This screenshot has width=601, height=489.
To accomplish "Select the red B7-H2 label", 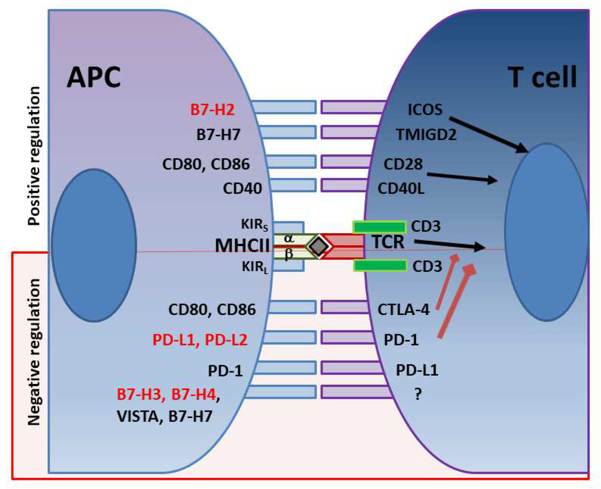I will [x=212, y=110].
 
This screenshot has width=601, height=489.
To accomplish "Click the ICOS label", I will [x=425, y=110].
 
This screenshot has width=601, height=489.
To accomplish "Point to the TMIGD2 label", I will [x=426, y=134].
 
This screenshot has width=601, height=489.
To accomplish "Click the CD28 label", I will [x=403, y=164].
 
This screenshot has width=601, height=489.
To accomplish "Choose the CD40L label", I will [x=401, y=188].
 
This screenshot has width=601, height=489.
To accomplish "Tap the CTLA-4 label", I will [x=403, y=309].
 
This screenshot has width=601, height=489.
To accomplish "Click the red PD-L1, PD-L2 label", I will [x=200, y=340].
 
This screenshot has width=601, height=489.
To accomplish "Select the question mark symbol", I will [x=418, y=394].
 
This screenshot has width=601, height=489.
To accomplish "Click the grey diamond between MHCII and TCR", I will [x=319, y=246].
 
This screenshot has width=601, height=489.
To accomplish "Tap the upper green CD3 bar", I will [x=379, y=227].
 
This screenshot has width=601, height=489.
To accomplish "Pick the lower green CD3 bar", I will [x=379, y=266].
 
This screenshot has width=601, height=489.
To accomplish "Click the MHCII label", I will [x=242, y=245].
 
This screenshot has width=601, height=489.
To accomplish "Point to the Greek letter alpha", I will [x=289, y=239].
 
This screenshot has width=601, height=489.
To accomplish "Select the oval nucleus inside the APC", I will [x=94, y=245].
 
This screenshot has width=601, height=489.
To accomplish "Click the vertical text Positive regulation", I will [x=34, y=156].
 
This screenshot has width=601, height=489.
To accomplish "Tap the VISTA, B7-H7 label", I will [x=164, y=416].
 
